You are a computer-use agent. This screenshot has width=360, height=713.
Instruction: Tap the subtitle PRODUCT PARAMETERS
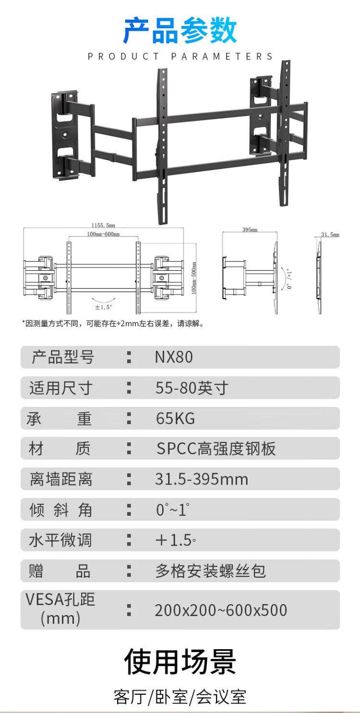[x=180, y=57]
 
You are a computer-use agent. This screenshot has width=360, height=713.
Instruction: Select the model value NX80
[x=174, y=357]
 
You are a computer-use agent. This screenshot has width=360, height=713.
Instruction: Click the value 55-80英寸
[x=192, y=388]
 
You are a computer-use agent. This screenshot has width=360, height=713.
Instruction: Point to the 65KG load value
[x=176, y=418]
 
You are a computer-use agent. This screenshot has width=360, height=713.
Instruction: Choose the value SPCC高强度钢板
[x=216, y=449]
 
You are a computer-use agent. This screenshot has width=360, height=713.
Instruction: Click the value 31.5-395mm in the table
[x=202, y=479]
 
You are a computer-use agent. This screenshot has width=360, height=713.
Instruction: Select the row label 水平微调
[x=60, y=540]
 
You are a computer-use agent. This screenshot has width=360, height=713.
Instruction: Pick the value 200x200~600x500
[x=221, y=610]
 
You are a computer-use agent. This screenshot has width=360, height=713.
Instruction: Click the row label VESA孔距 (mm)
[x=60, y=609]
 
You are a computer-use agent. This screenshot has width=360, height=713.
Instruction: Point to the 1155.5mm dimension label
[x=103, y=225]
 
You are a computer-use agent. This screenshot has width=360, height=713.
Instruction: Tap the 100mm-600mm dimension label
[x=103, y=234]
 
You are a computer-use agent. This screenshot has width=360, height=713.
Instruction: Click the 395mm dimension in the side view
[x=250, y=230]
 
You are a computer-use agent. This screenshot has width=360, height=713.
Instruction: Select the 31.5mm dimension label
[x=330, y=235]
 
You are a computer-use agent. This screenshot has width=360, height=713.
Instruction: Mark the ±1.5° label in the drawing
[x=103, y=307]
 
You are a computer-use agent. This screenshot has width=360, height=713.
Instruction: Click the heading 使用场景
[x=180, y=662]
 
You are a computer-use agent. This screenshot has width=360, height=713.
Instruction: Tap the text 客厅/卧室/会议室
[x=180, y=697]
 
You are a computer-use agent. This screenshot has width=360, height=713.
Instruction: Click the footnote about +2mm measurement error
[x=113, y=324]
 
